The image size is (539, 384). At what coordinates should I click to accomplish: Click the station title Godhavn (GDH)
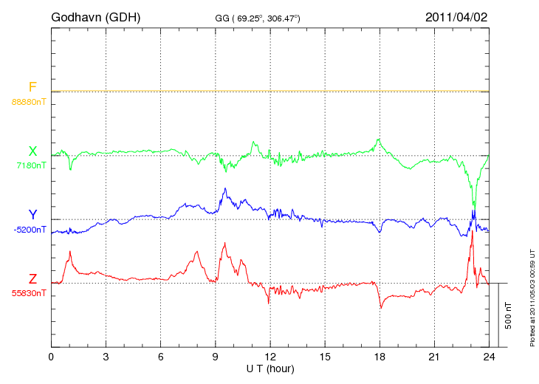[95, 16]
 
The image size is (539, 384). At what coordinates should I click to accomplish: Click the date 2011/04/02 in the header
[456, 16]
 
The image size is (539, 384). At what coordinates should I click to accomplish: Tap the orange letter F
[32, 87]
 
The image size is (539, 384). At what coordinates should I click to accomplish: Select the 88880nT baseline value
[28, 102]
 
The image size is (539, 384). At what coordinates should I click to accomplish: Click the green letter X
[32, 151]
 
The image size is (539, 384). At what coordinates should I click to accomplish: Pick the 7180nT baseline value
[31, 165]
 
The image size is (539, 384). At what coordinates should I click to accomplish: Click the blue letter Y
[32, 215]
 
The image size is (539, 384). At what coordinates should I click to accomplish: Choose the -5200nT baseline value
[30, 230]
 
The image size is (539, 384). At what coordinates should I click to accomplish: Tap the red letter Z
[32, 279]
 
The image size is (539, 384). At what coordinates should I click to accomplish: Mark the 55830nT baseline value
[28, 293]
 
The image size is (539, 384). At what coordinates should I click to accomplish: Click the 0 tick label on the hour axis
[52, 356]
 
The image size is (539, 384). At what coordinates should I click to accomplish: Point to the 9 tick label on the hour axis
[216, 356]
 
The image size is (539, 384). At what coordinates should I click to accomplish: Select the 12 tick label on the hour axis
[270, 356]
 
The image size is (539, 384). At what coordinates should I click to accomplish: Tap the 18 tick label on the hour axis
[380, 356]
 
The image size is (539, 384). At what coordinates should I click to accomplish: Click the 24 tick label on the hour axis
[489, 356]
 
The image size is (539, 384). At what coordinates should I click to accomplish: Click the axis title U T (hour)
[270, 368]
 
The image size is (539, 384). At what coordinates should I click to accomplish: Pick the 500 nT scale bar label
[509, 315]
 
